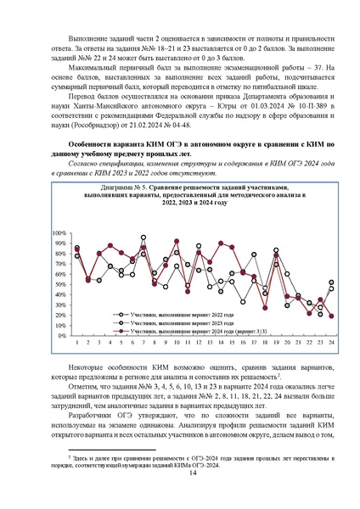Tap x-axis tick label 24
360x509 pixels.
[330, 342]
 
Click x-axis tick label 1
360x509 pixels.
[77, 342]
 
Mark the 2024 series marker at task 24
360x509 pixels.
[330, 316]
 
